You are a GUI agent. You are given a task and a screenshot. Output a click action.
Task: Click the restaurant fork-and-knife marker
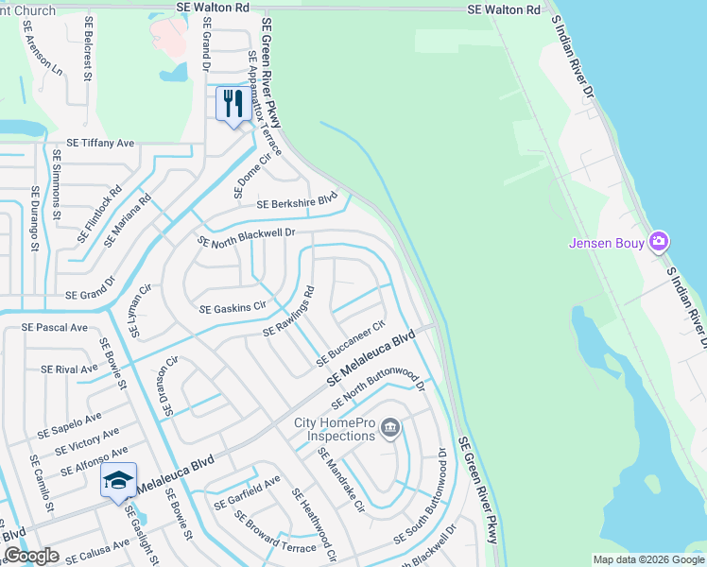tap(233, 104)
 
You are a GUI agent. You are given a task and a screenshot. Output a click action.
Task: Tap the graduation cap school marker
tap(119, 481)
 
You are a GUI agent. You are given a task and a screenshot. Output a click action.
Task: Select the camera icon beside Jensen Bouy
tap(659, 242)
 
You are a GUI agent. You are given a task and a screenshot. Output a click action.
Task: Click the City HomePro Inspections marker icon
tap(388, 430)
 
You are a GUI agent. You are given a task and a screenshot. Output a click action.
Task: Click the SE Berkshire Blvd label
tap(297, 201)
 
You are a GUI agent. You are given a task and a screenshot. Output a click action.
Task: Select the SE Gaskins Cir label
tap(233, 309)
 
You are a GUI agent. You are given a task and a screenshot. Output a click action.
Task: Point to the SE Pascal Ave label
tap(55, 328)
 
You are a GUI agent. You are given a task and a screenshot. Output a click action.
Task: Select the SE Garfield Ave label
tap(247, 492)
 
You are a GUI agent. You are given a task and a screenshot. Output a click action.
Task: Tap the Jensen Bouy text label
tap(607, 243)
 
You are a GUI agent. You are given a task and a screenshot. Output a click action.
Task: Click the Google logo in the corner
tap(31, 556)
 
